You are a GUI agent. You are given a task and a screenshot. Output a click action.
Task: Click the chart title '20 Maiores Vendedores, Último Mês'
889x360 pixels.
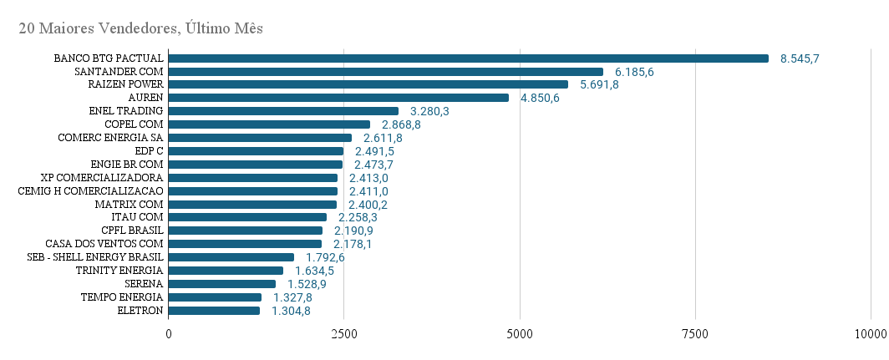(x=140, y=28)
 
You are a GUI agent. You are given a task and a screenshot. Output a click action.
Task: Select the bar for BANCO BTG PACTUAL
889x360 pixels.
(x=468, y=58)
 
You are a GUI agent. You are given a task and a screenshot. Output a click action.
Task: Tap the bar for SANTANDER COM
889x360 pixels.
(x=385, y=72)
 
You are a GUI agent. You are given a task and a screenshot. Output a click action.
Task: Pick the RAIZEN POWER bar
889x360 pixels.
(x=368, y=84)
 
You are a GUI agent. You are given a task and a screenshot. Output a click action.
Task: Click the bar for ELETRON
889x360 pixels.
(x=214, y=311)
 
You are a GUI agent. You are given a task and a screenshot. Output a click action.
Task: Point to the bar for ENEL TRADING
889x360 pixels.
(x=283, y=111)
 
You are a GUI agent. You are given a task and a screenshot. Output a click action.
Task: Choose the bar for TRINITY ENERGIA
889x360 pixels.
(x=226, y=271)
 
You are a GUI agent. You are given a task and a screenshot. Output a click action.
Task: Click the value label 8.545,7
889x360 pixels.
(x=800, y=58)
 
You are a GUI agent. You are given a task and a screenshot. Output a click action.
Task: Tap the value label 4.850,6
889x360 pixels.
(x=540, y=98)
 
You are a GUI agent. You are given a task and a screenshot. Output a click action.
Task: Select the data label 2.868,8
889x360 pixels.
(x=401, y=124)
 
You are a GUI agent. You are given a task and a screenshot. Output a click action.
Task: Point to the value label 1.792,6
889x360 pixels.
(x=325, y=257)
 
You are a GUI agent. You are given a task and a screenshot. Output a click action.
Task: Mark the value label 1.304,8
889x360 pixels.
(x=291, y=311)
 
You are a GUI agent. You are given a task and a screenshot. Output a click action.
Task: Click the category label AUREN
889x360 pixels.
(x=145, y=98)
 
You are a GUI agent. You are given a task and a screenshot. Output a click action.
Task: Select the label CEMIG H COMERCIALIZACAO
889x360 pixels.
(x=90, y=191)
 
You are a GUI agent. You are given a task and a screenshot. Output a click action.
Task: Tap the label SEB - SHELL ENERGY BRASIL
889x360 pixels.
(x=94, y=257)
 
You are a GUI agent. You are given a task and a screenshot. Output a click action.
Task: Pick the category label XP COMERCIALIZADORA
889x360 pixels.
(x=102, y=178)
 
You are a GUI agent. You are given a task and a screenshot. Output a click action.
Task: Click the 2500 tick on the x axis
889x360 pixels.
(x=344, y=334)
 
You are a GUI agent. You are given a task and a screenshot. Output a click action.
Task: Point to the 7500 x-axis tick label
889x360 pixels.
(x=694, y=334)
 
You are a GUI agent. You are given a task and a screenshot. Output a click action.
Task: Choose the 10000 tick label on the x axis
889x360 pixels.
(x=870, y=334)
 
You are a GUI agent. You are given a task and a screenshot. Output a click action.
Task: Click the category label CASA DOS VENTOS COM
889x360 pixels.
(x=104, y=244)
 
